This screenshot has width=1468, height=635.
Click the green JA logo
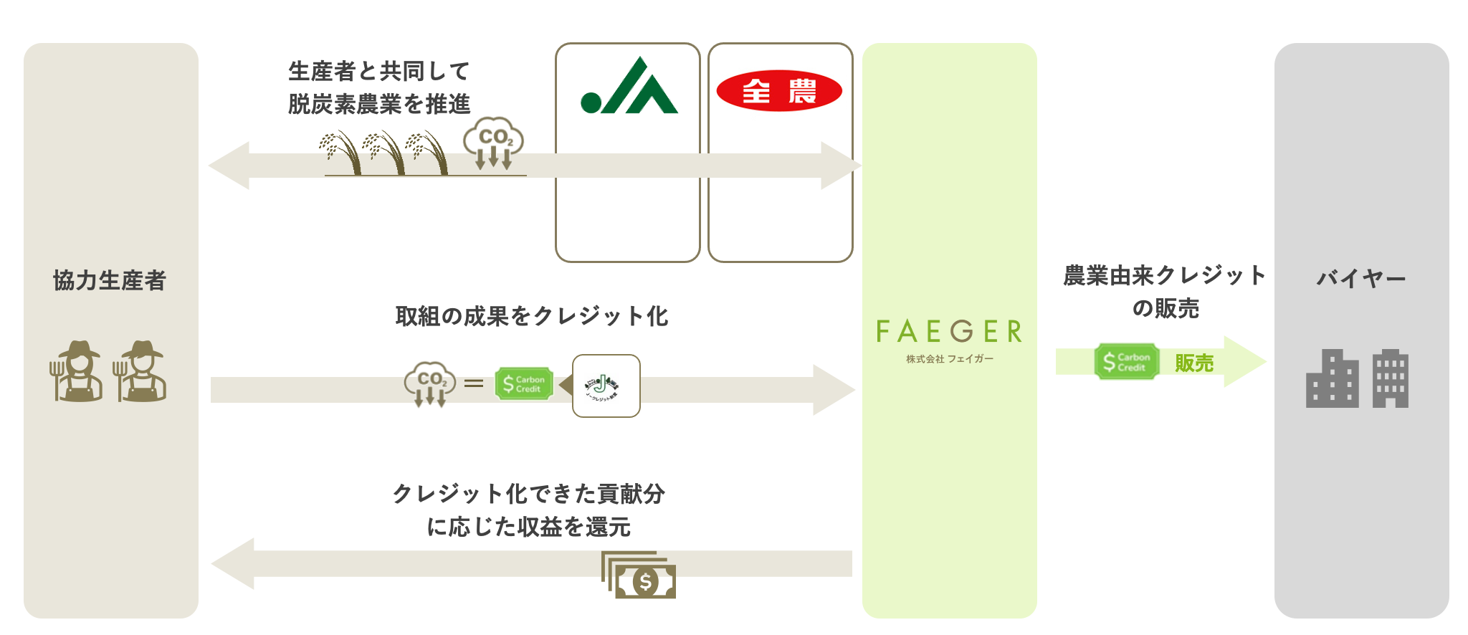(x=629, y=87)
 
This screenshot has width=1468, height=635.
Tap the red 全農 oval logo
(x=779, y=91)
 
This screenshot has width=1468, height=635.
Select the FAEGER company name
(x=949, y=332)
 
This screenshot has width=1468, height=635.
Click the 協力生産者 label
(x=110, y=280)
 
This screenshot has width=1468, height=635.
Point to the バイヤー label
(x=1360, y=278)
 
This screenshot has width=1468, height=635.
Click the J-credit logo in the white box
(x=606, y=386)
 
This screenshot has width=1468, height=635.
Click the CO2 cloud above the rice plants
(x=493, y=140)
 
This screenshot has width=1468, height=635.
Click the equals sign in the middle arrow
(x=474, y=384)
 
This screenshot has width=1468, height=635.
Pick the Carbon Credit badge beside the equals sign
(x=524, y=384)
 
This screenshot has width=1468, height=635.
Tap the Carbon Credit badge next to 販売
(x=1126, y=362)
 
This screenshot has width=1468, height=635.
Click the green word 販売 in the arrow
(x=1193, y=363)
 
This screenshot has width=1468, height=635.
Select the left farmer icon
(x=77, y=371)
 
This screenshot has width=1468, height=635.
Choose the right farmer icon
(x=140, y=371)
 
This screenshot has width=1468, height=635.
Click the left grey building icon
(x=1332, y=379)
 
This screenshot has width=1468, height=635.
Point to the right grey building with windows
(x=1391, y=379)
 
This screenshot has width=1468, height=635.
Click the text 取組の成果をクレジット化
(x=531, y=316)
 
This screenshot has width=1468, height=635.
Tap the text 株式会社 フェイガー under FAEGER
(x=949, y=359)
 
